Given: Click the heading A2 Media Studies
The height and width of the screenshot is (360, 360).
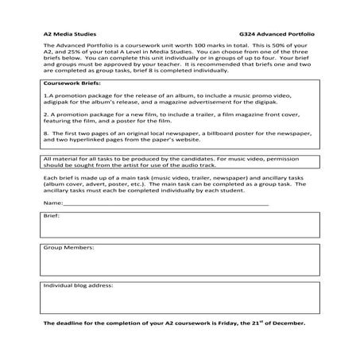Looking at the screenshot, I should point(68,35).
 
